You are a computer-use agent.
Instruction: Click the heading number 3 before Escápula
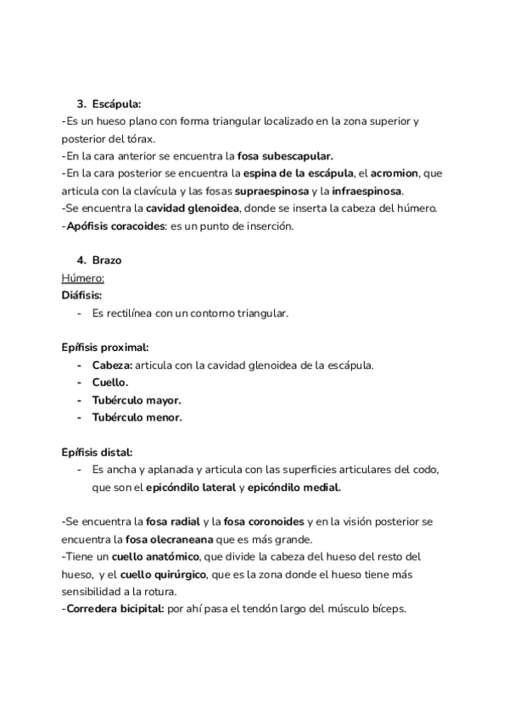tap(81, 104)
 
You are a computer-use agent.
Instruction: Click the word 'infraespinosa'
tap(367, 190)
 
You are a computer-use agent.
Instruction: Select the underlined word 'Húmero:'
tap(82, 277)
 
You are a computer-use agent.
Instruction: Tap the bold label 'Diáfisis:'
tap(81, 295)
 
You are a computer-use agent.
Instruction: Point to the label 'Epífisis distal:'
tap(97, 452)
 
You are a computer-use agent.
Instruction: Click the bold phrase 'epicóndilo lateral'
tap(191, 488)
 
